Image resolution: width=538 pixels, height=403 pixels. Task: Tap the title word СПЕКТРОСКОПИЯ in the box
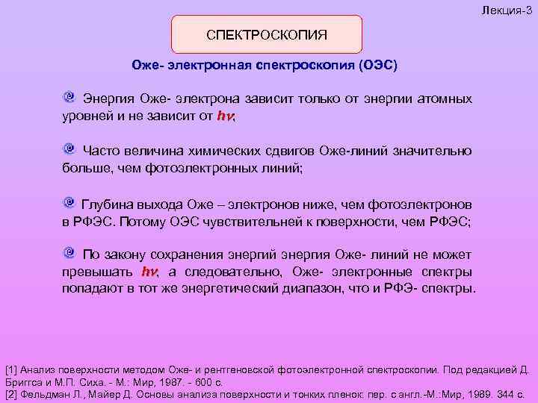click(x=267, y=34)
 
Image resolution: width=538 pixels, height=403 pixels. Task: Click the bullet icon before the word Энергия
click(x=69, y=98)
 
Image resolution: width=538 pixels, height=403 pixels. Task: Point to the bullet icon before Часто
click(x=69, y=149)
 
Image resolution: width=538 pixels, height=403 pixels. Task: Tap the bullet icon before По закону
click(x=69, y=252)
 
